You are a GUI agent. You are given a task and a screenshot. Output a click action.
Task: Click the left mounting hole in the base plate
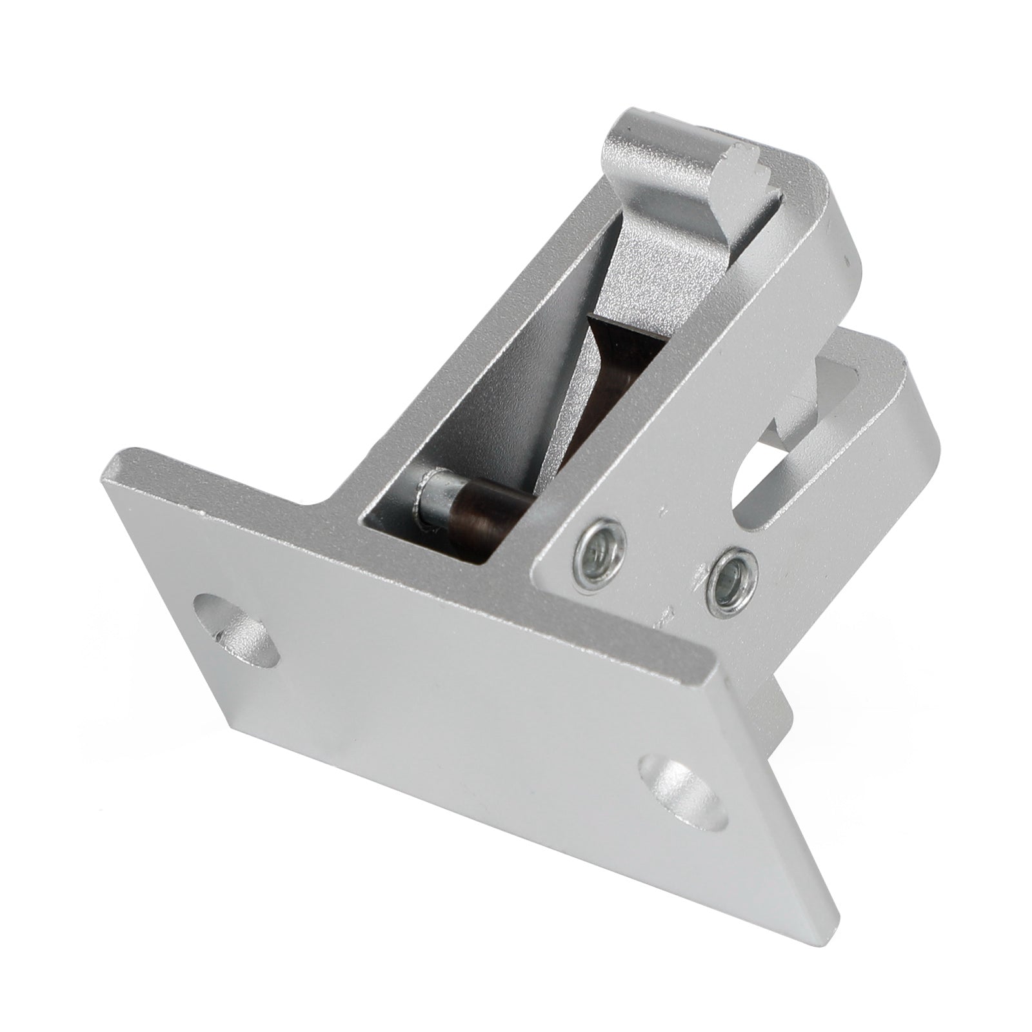pos(237,623)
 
